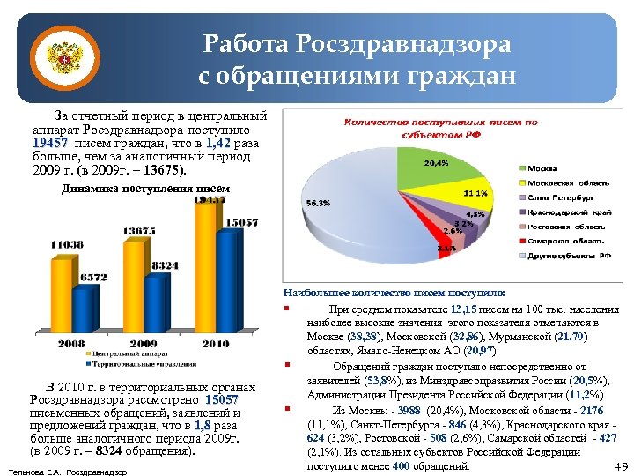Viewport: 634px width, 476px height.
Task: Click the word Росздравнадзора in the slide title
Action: click(x=403, y=42)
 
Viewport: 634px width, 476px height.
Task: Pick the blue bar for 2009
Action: click(x=158, y=304)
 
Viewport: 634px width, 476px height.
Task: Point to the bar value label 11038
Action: click(x=66, y=244)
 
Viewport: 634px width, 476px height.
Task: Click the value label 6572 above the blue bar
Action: click(x=92, y=277)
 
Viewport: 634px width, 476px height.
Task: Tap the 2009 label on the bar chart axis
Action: click(x=144, y=343)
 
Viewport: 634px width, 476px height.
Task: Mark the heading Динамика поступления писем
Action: click(x=146, y=189)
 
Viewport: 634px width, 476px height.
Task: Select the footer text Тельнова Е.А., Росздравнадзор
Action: click(x=67, y=472)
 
